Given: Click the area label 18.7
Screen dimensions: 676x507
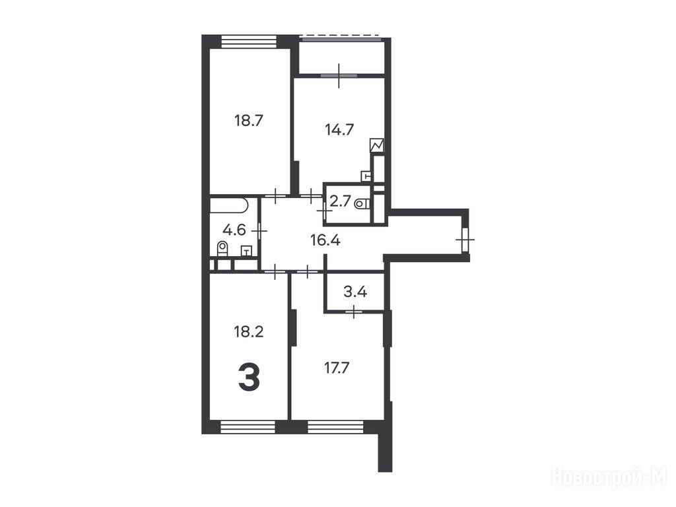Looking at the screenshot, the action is click(x=249, y=120).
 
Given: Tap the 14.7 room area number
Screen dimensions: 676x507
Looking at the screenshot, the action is click(x=339, y=129).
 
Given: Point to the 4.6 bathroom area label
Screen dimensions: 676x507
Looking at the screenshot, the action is click(x=234, y=230).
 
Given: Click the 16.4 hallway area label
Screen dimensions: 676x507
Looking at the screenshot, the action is click(x=325, y=240).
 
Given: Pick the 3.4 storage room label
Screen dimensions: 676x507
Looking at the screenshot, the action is click(x=355, y=292).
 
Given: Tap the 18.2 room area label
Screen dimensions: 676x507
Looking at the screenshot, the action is click(x=249, y=331).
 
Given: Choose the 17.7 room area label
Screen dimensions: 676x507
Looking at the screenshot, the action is click(x=336, y=368).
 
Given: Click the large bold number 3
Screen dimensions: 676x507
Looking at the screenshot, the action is click(x=249, y=377).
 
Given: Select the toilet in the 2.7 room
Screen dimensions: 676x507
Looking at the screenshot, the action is click(x=362, y=203).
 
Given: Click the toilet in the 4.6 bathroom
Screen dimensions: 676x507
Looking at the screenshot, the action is click(x=222, y=249).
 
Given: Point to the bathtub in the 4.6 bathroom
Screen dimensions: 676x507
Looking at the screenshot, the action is click(x=229, y=205).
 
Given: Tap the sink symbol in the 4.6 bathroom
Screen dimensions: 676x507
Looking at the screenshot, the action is click(x=246, y=251).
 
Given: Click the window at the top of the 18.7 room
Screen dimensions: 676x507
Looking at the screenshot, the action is click(x=249, y=42).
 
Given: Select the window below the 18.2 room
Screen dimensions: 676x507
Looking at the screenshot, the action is click(x=248, y=427).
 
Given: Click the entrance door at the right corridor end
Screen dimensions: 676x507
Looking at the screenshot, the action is click(x=465, y=239).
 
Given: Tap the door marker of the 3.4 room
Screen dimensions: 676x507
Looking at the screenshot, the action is click(x=354, y=312).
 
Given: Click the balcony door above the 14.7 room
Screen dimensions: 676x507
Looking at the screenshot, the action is click(x=339, y=75).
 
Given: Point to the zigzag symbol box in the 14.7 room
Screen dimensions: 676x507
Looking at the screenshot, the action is click(x=377, y=145).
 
